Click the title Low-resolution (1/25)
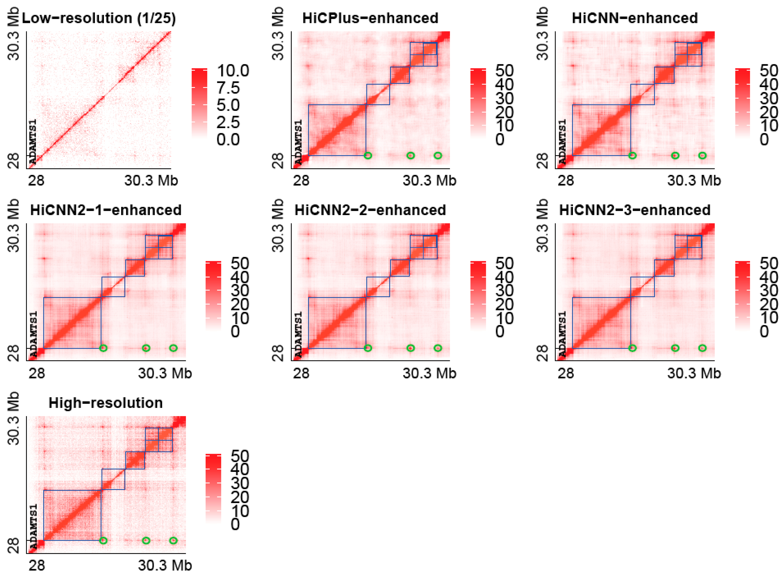[x=99, y=18]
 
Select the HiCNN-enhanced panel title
[x=634, y=18]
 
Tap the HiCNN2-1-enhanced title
[x=106, y=210]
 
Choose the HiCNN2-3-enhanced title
[x=634, y=210]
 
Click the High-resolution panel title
[x=106, y=403]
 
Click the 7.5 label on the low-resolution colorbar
[x=228, y=88]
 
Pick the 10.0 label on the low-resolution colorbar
[x=233, y=71]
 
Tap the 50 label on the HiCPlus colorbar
[x=504, y=71]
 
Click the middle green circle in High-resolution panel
[x=146, y=540]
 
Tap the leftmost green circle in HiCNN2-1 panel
[x=103, y=348]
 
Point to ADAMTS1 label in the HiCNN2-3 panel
[x=562, y=334]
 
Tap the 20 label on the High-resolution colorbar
[x=240, y=497]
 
